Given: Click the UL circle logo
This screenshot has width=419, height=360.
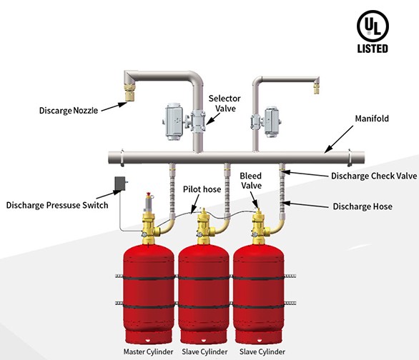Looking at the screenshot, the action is tap(373, 26).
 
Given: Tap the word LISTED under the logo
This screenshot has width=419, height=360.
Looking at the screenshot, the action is tap(373, 49).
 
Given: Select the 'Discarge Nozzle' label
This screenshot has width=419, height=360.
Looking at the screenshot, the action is tap(69, 111).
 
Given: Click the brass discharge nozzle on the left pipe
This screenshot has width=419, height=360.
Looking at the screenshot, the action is tap(130, 91).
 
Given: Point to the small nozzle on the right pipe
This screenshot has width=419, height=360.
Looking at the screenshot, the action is tap(316, 89).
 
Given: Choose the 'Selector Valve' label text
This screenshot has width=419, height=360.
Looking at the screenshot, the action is tap(225, 104).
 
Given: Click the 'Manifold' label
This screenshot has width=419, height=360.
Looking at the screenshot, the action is tap(372, 119).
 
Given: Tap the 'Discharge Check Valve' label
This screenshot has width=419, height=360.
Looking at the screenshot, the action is tap(374, 176).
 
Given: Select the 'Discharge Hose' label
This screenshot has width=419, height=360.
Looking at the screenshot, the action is tap(363, 206).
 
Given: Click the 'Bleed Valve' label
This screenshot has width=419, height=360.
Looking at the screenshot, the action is tap(251, 181).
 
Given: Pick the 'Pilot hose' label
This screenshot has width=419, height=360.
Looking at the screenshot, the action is tap(202, 189).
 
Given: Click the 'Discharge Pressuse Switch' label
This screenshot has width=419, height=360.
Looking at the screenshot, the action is tap(57, 205).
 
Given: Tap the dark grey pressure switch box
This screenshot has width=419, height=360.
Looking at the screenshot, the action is tap(119, 184).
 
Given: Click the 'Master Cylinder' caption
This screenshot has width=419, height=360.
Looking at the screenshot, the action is tap(148, 351).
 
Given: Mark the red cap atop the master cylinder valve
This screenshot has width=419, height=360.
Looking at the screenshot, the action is tap(149, 194).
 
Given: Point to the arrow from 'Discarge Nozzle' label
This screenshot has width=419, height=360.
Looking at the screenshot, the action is tap(114, 106).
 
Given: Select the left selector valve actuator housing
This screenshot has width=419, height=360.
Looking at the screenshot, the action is tap(174, 121).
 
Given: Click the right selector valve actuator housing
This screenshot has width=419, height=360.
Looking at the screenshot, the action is tap(272, 122).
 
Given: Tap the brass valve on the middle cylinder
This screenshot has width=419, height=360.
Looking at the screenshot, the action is tap(204, 226).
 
